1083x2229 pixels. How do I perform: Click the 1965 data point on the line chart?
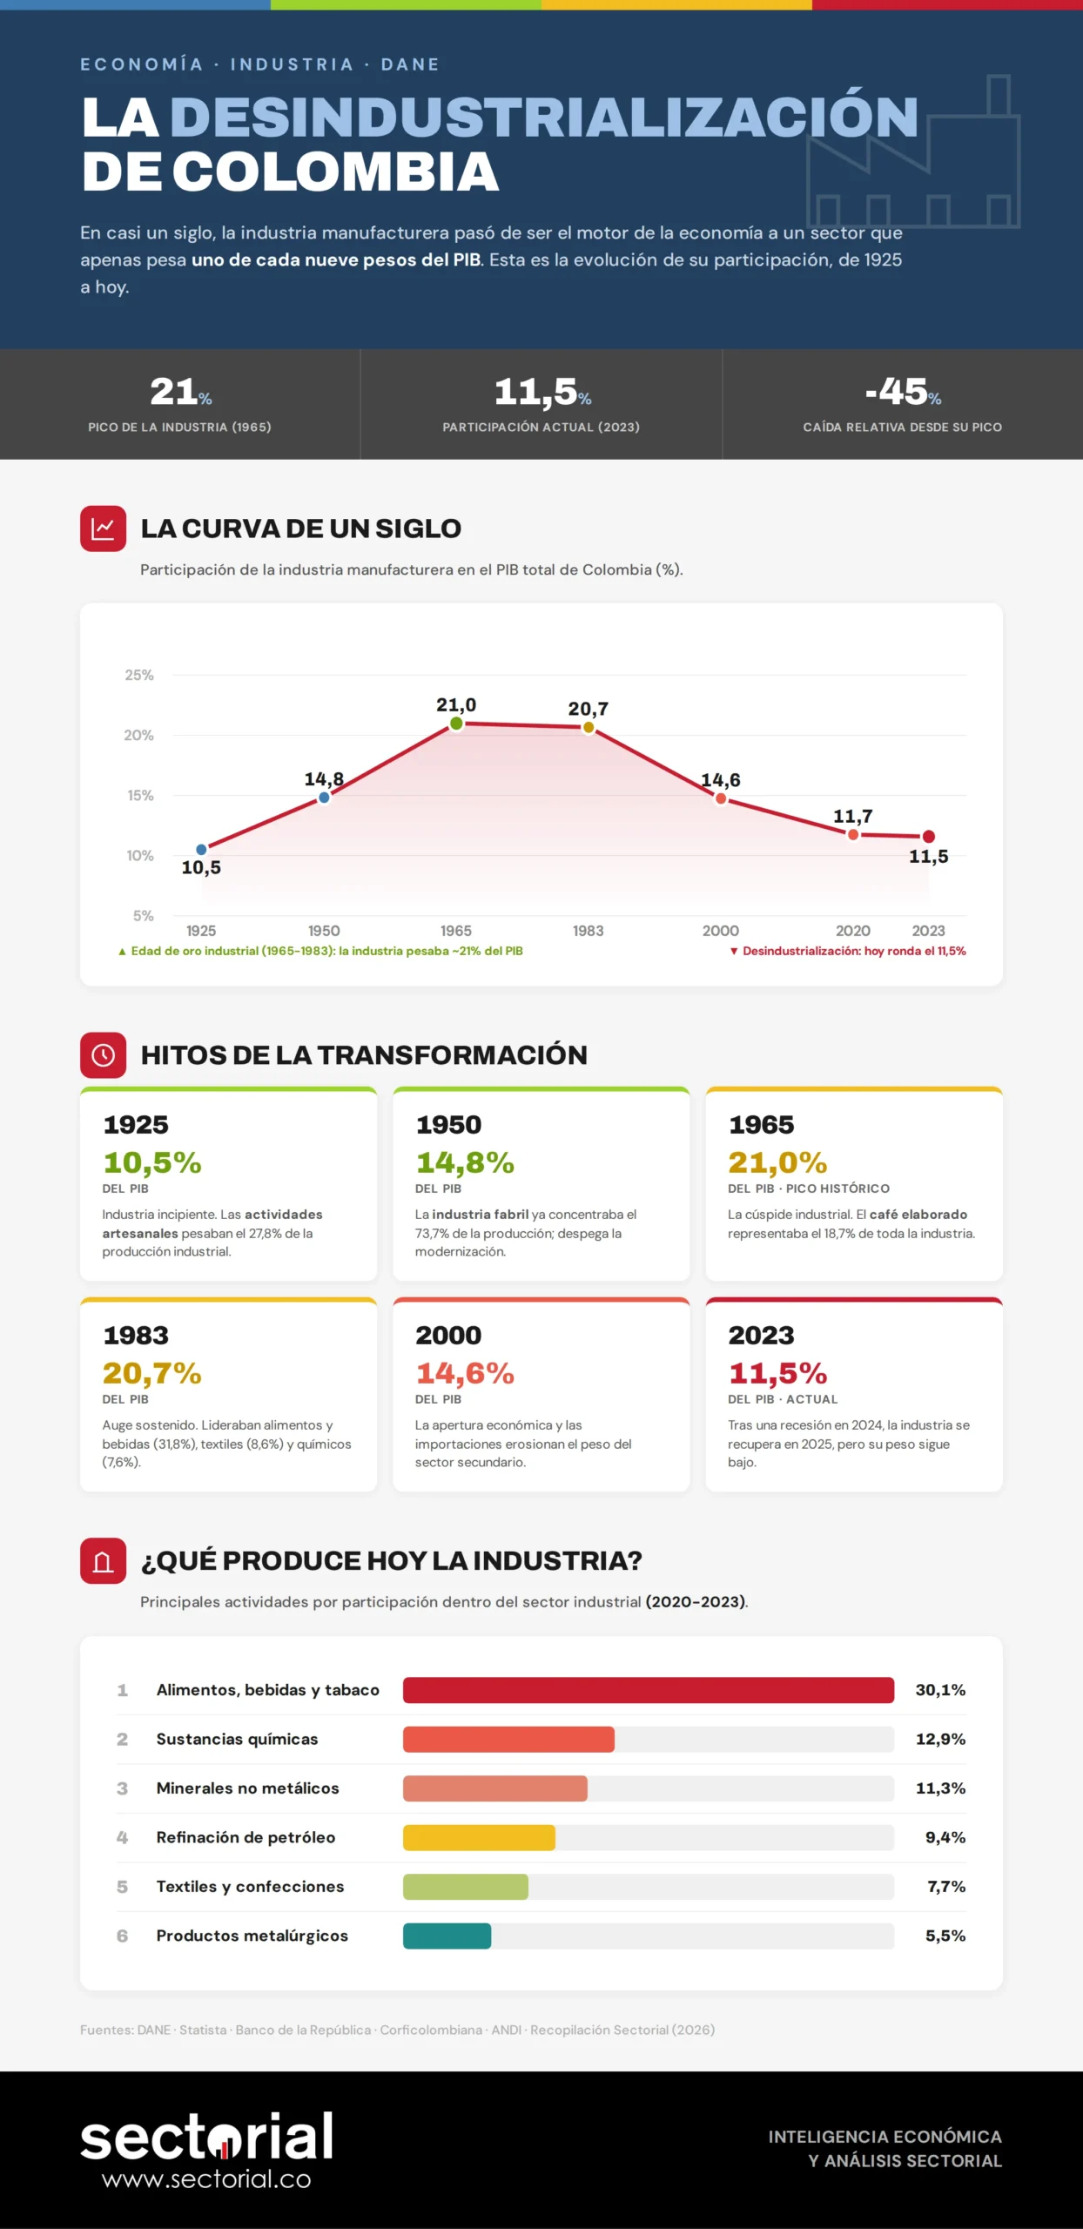[456, 724]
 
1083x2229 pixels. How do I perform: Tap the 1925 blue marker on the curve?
[201, 849]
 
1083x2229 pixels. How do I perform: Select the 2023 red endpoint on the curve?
[929, 837]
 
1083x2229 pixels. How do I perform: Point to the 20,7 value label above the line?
[589, 709]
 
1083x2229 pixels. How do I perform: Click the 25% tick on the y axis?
[139, 675]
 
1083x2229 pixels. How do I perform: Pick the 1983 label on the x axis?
[589, 931]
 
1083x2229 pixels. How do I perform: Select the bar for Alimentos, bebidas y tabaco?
[649, 1690]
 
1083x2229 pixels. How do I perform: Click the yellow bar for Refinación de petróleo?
[479, 1837]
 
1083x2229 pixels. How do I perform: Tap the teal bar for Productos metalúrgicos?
[447, 1936]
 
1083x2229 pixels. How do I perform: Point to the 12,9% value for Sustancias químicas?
[940, 1739]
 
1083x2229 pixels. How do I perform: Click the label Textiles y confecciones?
[250, 1886]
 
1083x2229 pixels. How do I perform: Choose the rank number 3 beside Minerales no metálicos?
[122, 1788]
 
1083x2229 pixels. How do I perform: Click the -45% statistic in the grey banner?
[903, 392]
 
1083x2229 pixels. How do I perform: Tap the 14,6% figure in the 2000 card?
[465, 1373]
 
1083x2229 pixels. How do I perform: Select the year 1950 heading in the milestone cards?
[448, 1124]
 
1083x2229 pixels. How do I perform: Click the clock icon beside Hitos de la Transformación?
[104, 1055]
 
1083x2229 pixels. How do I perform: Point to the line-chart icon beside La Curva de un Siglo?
[104, 529]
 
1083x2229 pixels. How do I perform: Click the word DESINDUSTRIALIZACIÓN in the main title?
[544, 117]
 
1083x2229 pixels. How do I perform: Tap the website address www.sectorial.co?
[206, 2178]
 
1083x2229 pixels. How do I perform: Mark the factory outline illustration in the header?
[913, 153]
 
